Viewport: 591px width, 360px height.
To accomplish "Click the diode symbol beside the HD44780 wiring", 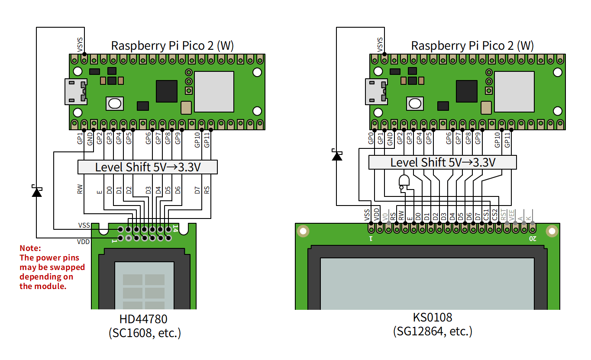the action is point(37,191).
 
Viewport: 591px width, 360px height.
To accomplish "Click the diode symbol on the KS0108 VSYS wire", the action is point(337,155).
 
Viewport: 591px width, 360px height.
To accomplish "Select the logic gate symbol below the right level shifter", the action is point(404,183).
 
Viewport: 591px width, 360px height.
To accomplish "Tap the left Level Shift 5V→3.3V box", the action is point(148,167).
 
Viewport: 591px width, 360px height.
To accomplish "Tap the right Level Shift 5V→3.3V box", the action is point(442,162).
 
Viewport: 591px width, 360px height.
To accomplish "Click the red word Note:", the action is point(30,248).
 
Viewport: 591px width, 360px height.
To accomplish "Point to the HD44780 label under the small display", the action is point(143,319).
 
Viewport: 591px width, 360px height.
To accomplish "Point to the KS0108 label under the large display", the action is point(433,317).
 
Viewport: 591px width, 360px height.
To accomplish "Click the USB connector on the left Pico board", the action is point(76,92).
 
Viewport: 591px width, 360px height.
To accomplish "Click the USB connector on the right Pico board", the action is point(376,92).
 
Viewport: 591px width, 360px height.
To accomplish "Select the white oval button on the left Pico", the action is point(115,104).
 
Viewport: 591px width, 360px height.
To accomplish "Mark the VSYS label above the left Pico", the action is point(80,45).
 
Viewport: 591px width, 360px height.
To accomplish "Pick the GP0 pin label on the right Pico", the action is point(371,138).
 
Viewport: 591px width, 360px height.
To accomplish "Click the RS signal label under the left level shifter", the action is point(207,190).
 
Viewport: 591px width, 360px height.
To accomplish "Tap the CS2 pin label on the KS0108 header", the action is point(495,215).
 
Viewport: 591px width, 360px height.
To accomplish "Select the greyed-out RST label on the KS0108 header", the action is point(504,215).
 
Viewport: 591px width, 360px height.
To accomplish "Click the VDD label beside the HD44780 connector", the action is point(84,242).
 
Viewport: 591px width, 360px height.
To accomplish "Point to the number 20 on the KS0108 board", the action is point(533,239).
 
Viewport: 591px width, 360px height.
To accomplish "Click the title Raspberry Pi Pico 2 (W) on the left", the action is point(172,45).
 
